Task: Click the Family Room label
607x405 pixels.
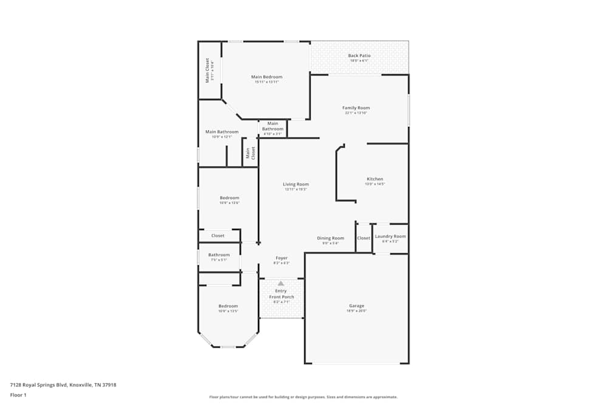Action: tap(356, 107)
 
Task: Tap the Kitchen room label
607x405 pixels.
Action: tap(375, 179)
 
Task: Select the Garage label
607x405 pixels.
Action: tap(356, 306)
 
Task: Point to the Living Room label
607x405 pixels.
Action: tap(296, 185)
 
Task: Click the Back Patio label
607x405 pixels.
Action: tap(359, 56)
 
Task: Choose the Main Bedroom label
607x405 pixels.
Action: tap(266, 77)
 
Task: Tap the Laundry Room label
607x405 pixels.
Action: tap(390, 236)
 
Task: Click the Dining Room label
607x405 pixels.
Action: tap(330, 238)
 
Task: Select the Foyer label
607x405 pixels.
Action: tap(281, 258)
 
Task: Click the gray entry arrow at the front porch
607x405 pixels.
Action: tap(281, 283)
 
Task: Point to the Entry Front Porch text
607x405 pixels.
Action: tap(281, 294)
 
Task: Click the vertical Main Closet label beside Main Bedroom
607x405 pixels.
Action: tap(207, 70)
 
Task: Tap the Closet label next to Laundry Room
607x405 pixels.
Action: tap(363, 238)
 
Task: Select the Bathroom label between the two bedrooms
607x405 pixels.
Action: tap(219, 255)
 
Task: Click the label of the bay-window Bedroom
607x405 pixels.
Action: tap(228, 306)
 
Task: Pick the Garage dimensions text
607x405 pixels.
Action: tap(356, 311)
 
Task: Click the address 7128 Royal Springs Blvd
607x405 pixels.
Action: tap(63, 384)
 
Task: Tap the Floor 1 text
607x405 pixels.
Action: tap(18, 395)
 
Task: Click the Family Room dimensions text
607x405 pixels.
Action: tap(356, 113)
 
